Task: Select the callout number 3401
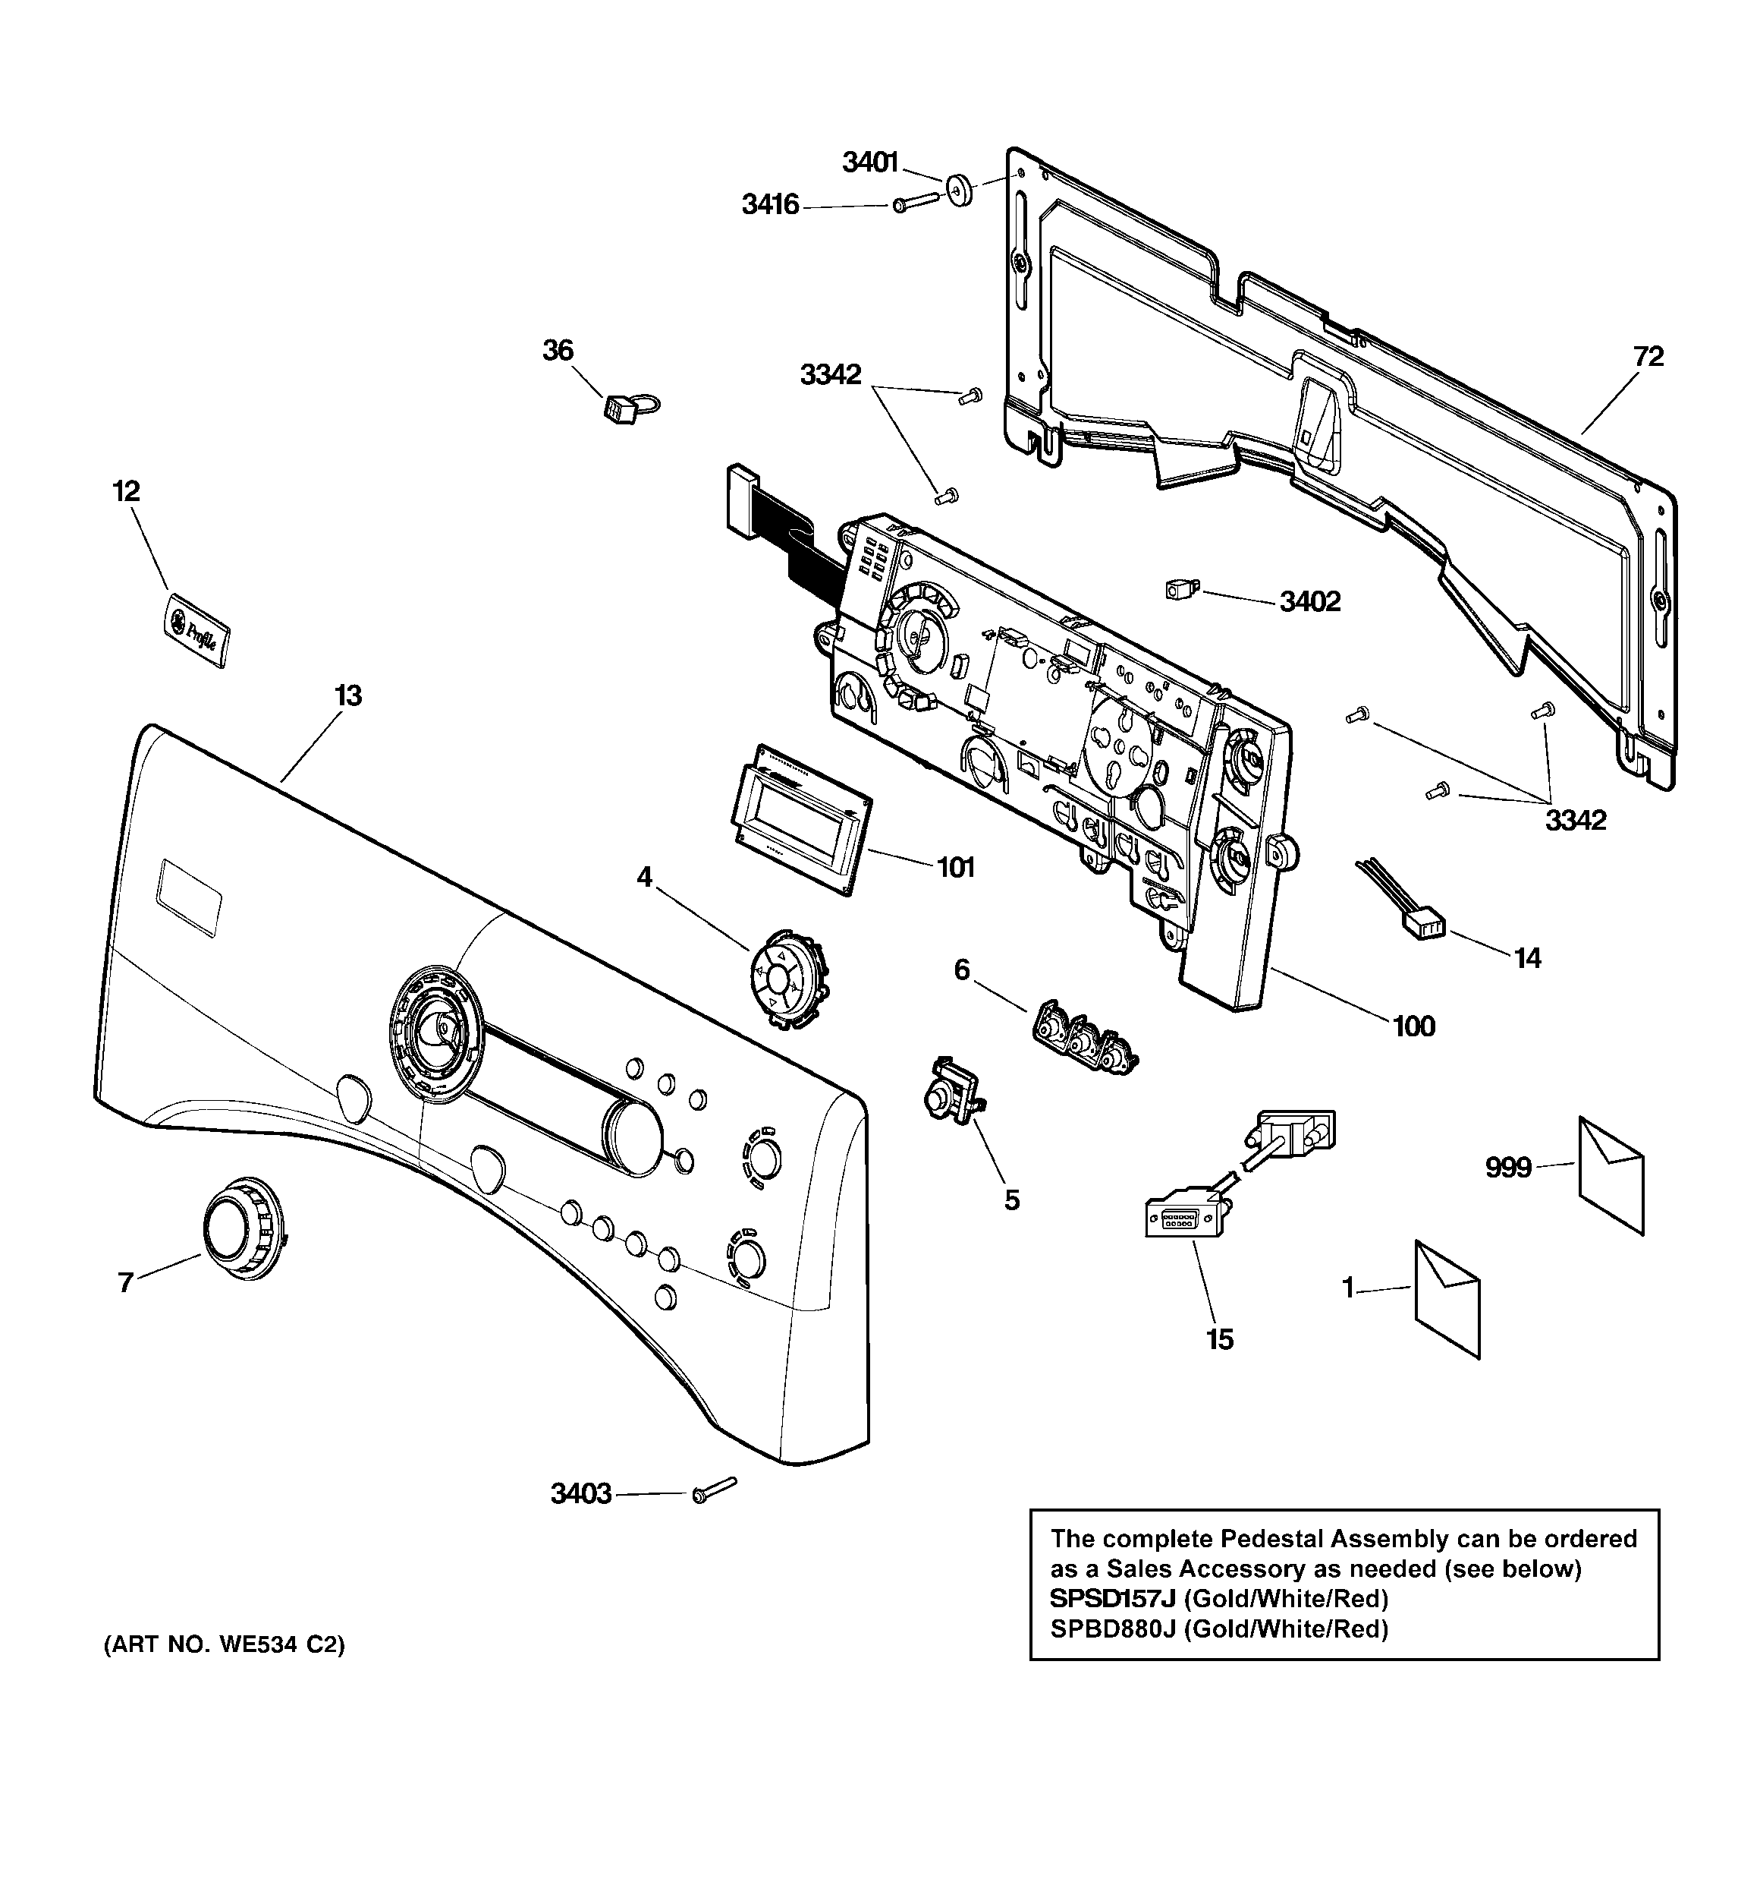tap(869, 163)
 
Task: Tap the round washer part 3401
tap(960, 190)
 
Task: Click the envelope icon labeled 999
tap(1611, 1174)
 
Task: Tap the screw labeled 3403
tap(712, 1492)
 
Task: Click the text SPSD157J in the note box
tap(1112, 1598)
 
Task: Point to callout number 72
tap(1648, 358)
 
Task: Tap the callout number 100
tap(1413, 1026)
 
